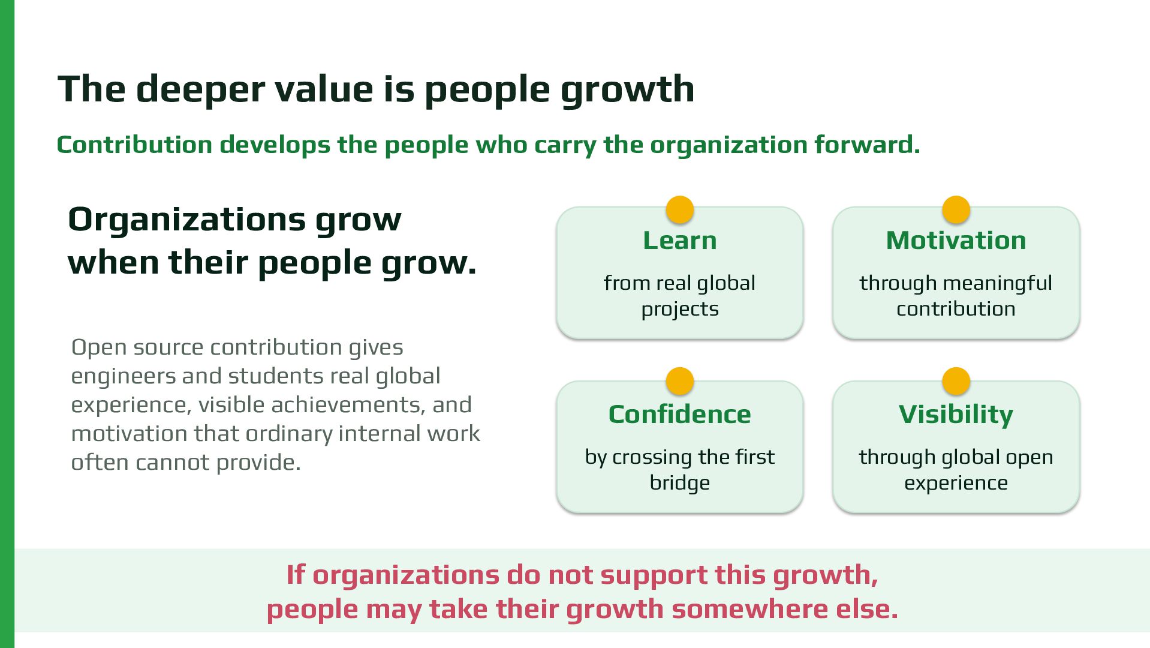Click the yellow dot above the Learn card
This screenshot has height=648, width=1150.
pos(679,210)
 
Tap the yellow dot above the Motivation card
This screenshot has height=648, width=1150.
pos(956,210)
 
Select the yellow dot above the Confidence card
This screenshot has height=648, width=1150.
pos(679,382)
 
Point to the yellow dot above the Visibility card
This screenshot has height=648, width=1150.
pos(956,382)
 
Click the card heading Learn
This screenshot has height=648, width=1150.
pos(679,241)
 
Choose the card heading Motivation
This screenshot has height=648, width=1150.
pos(956,241)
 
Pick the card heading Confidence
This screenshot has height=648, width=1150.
pos(679,415)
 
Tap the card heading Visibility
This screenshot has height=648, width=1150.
pos(956,415)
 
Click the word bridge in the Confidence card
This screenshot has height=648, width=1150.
pos(679,483)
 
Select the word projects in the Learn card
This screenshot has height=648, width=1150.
pos(679,310)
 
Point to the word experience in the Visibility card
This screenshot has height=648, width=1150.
pos(956,484)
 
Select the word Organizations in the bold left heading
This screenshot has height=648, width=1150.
pos(186,220)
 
